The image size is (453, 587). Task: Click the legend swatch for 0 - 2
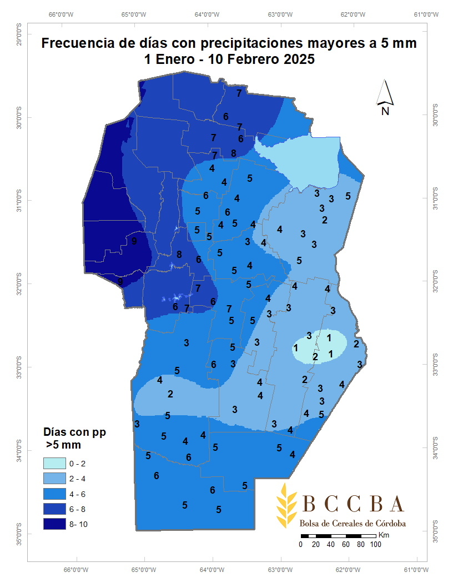[53, 464]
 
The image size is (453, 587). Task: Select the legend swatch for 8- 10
[53, 524]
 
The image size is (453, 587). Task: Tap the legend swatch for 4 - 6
[53, 494]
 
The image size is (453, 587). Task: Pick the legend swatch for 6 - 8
[53, 509]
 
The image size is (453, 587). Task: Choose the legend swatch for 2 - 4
[53, 479]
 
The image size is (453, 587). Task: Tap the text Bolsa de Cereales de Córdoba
[353, 524]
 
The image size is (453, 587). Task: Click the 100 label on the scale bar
[375, 545]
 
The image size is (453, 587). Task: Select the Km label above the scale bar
[384, 535]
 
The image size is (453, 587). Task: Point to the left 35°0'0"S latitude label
[18, 533]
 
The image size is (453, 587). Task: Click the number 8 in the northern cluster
[234, 153]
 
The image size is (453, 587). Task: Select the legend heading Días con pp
[74, 432]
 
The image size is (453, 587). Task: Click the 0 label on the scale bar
[300, 545]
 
